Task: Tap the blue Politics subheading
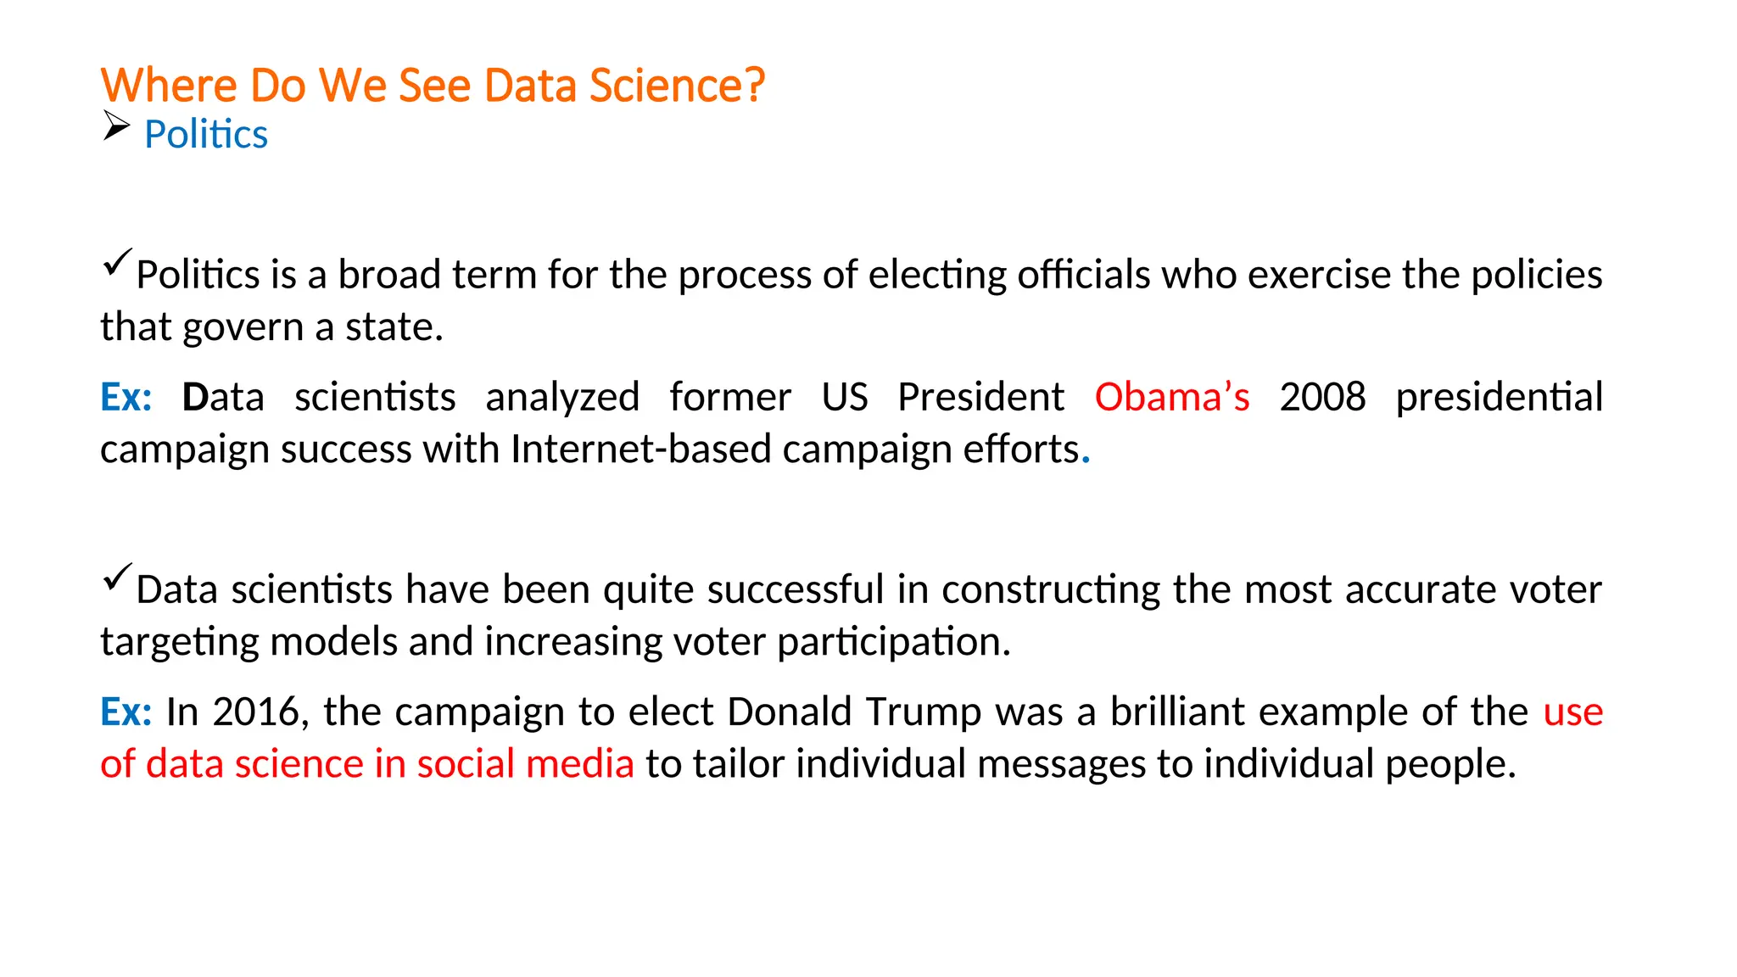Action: coord(206,135)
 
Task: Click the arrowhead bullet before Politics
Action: coord(116,126)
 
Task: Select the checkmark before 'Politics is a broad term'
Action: coord(117,262)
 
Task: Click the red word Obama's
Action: coord(1171,397)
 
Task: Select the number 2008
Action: coord(1322,397)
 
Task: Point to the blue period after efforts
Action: coord(1086,461)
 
